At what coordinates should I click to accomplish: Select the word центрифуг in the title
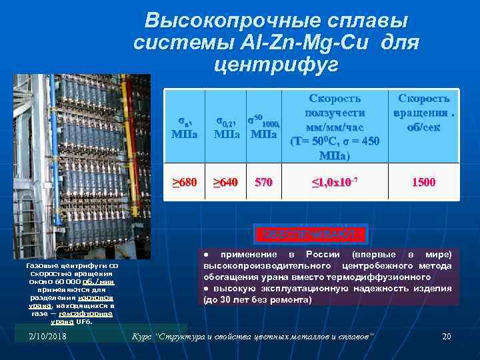pos(276,65)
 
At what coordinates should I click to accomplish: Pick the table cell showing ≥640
pos(225,182)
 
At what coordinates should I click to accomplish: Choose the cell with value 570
pos(263,182)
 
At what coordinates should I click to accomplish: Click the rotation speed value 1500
pos(424,182)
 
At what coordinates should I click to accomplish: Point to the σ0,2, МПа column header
pos(225,127)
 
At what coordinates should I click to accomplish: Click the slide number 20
pos(447,335)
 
